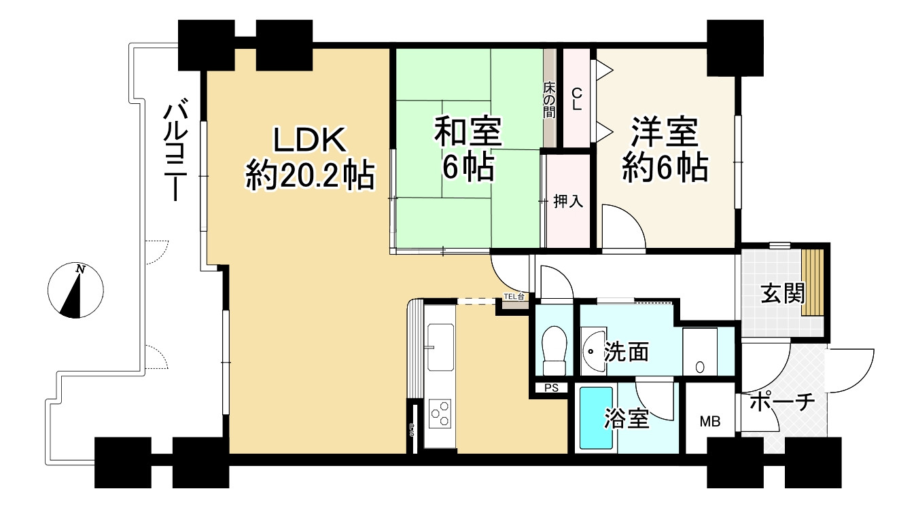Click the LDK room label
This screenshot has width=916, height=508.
tap(310, 141)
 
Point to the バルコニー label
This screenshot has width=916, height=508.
tap(177, 150)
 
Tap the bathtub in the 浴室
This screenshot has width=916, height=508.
tap(595, 418)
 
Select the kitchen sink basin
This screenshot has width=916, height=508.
tap(440, 346)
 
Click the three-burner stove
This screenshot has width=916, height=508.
tap(440, 413)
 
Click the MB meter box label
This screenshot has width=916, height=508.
tap(710, 422)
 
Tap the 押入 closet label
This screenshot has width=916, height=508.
tap(568, 201)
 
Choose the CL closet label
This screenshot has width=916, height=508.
tap(576, 98)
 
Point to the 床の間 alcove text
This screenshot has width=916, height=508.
tap(549, 100)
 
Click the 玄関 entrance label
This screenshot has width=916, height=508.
tap(782, 293)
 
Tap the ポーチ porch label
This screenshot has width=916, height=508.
tap(782, 403)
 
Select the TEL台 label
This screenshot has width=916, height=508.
tap(514, 297)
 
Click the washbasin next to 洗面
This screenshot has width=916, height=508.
tap(593, 351)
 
